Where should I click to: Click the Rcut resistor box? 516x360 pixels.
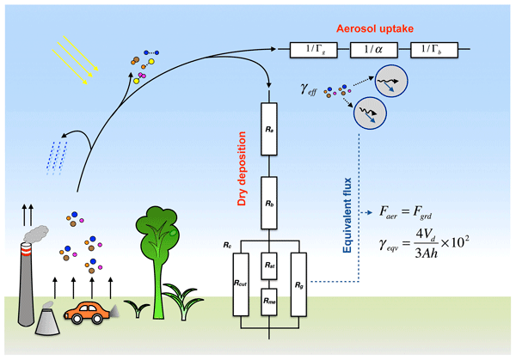click(x=240, y=281)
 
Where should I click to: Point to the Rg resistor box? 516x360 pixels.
click(x=299, y=281)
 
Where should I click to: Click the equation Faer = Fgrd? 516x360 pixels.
click(x=409, y=210)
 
